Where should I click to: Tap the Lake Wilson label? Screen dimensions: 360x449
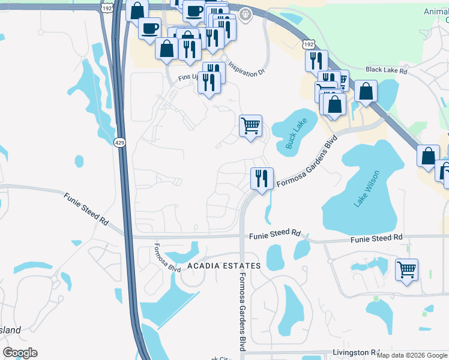click(x=366, y=189)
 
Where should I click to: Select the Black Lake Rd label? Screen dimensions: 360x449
click(x=386, y=70)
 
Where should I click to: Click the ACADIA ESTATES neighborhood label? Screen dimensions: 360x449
click(x=224, y=265)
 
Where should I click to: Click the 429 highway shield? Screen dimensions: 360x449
click(x=120, y=142)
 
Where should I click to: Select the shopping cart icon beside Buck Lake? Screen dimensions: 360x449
click(x=250, y=126)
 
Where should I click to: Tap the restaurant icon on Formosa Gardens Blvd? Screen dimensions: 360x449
click(x=261, y=178)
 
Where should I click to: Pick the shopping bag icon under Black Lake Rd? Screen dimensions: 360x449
click(x=366, y=92)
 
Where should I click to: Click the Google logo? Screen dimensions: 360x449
click(x=20, y=353)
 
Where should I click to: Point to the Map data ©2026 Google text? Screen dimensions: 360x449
click(x=412, y=355)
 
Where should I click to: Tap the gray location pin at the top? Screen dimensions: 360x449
click(x=245, y=14)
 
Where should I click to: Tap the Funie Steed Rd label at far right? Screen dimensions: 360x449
click(x=376, y=239)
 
